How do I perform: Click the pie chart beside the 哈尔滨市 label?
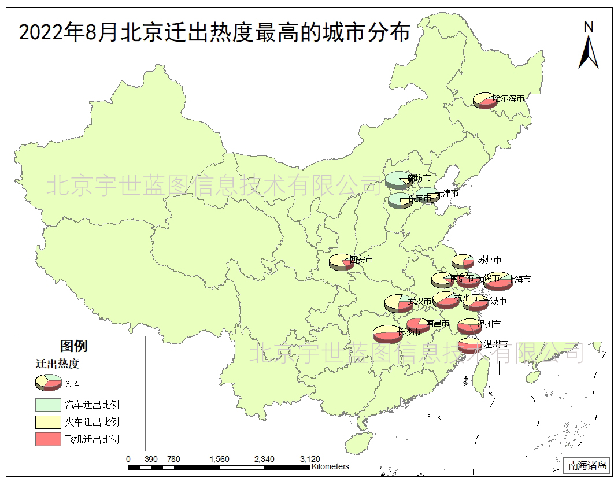pos(484,101)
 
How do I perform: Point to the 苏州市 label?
pos(489,260)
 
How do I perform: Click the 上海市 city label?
pos(518,279)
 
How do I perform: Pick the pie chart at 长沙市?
pos(384,334)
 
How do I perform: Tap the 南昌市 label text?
pos(437,323)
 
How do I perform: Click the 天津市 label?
pos(446,192)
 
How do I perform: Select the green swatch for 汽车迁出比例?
pos(48,405)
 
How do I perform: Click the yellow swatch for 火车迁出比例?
pos(48,422)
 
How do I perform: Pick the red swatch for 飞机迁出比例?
pos(48,439)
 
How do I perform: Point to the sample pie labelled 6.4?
pos(48,382)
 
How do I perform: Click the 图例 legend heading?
pos(74,346)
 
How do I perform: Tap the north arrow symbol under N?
pos(589,52)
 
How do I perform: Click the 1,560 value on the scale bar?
pos(219,459)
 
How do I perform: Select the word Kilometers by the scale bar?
pos(330,466)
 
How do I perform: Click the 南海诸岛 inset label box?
pos(587,465)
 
